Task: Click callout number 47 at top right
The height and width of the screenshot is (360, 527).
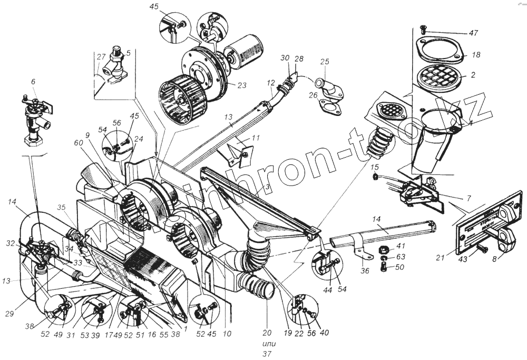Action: (x=473, y=32)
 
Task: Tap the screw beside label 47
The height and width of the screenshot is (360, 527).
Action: (x=422, y=28)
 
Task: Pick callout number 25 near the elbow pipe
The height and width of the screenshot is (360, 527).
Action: (x=324, y=62)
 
